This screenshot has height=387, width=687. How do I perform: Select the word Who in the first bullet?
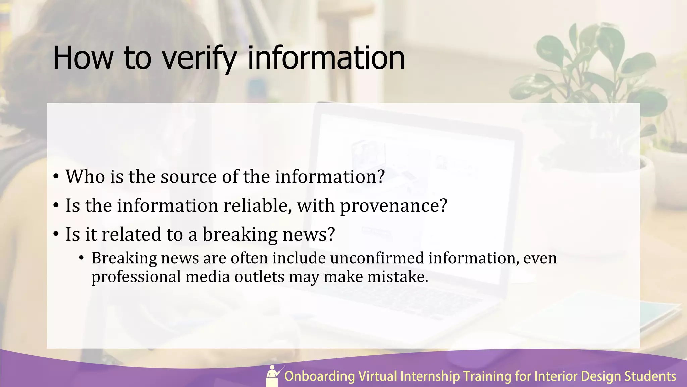(x=85, y=176)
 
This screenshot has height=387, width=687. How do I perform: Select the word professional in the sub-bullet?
(x=136, y=277)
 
